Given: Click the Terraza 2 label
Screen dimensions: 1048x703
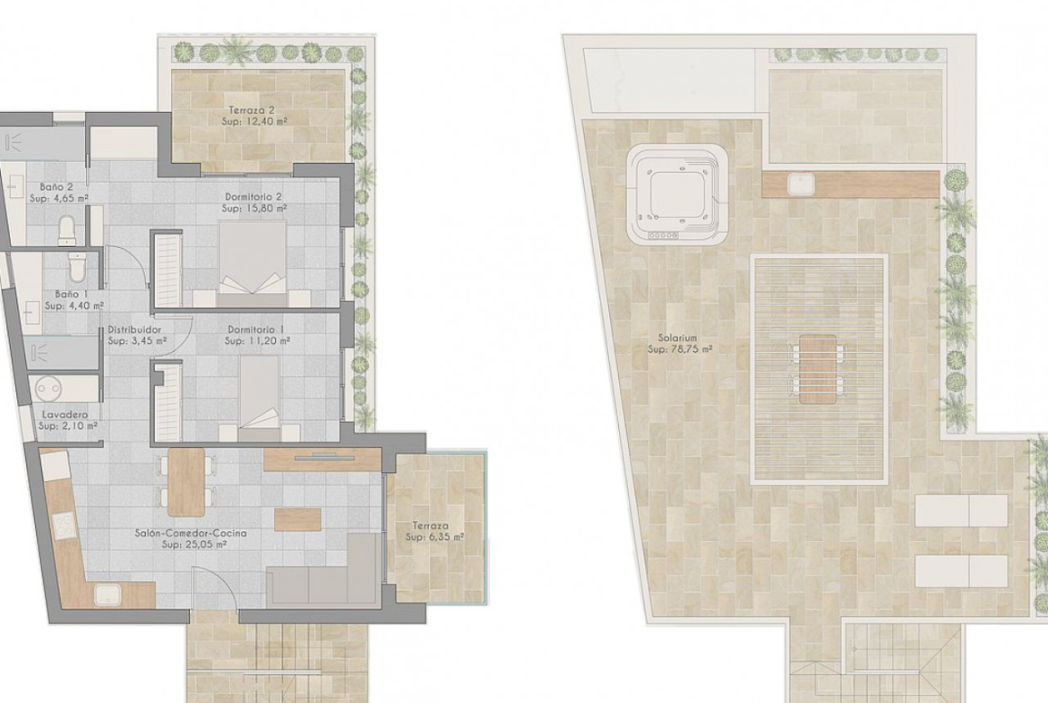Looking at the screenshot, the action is click(252, 110).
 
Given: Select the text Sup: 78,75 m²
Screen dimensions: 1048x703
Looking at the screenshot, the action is click(680, 349).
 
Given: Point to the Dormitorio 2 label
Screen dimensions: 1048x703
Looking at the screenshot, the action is click(253, 197).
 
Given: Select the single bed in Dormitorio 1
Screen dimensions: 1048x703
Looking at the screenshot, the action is click(259, 397).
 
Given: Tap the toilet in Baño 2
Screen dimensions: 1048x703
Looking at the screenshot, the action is click(67, 229).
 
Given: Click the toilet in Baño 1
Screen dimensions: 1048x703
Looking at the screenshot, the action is click(77, 267).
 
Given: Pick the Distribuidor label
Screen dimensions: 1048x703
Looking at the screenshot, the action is click(135, 330).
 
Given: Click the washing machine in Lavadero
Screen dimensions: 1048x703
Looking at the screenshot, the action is click(49, 389).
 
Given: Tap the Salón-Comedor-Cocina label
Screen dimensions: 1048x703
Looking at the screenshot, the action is click(191, 533).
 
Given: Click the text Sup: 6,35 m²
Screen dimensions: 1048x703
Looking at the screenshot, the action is click(435, 536).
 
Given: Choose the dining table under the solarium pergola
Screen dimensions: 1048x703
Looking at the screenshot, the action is click(817, 369).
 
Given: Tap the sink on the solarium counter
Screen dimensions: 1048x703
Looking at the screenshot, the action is click(800, 183).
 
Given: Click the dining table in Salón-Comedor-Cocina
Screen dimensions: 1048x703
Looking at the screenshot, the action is click(186, 481).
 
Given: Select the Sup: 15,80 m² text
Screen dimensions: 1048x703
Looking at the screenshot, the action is click(254, 209).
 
